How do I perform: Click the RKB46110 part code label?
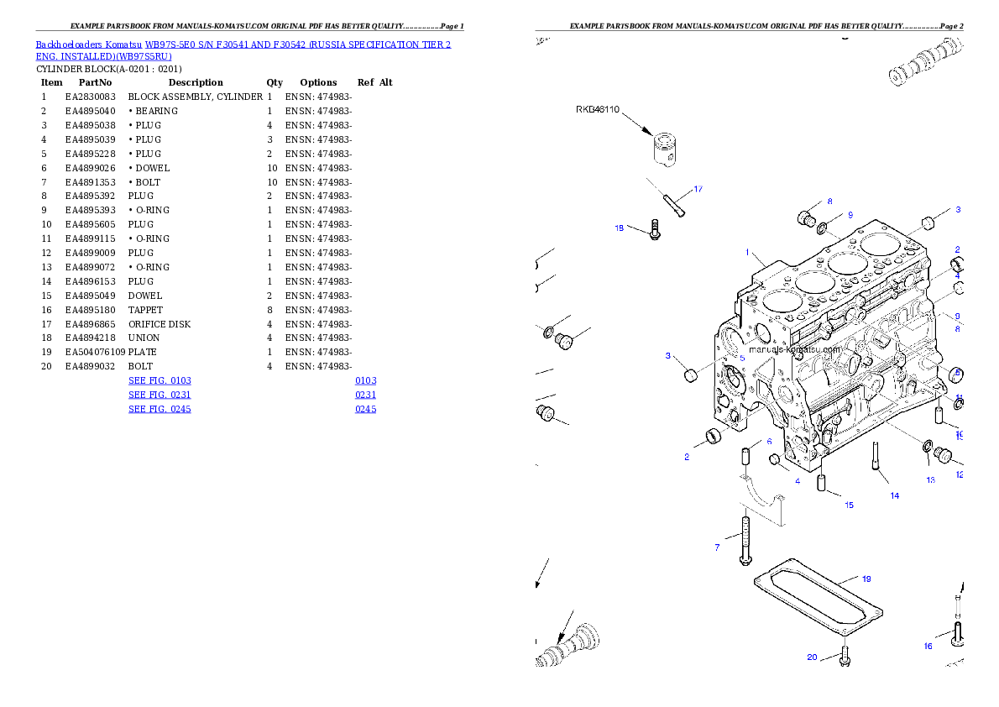(598, 109)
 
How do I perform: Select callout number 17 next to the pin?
(698, 188)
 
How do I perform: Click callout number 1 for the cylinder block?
(746, 251)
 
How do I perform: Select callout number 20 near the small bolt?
(812, 657)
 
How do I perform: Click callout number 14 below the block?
(894, 495)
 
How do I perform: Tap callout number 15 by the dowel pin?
(849, 505)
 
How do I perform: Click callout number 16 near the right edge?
(928, 646)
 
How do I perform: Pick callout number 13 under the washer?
(930, 479)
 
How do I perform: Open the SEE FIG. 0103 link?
(160, 380)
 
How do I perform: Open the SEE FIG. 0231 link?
(160, 395)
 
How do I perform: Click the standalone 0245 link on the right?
(365, 409)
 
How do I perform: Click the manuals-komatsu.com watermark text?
(793, 349)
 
